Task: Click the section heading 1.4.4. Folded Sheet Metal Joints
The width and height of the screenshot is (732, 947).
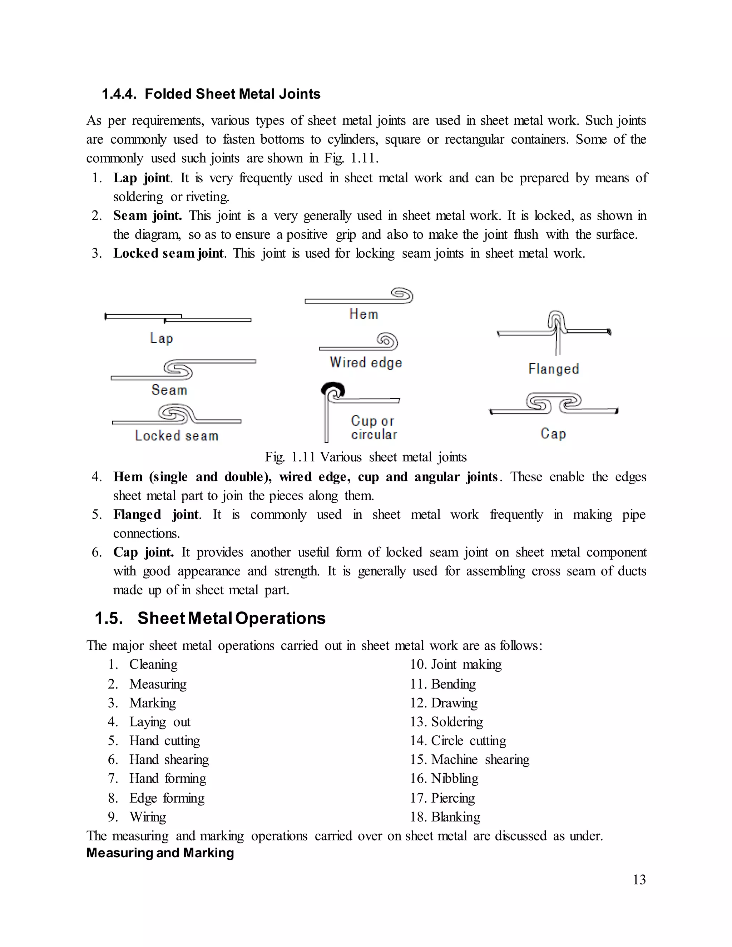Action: click(211, 94)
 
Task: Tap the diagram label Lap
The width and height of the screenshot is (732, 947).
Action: click(161, 338)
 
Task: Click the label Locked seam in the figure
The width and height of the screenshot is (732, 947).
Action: click(177, 435)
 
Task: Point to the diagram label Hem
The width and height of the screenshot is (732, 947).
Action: click(363, 314)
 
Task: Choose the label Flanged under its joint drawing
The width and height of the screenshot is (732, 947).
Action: click(553, 368)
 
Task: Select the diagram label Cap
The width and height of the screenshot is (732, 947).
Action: click(553, 433)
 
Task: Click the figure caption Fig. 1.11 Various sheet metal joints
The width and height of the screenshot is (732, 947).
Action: click(366, 457)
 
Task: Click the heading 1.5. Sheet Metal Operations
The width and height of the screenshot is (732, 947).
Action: click(210, 618)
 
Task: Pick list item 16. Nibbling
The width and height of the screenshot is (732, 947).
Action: click(445, 778)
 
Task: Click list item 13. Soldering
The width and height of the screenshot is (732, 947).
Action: click(447, 722)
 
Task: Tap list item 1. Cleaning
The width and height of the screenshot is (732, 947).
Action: click(143, 664)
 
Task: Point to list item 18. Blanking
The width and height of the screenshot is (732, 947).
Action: click(445, 817)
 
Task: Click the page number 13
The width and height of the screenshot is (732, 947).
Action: click(639, 879)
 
